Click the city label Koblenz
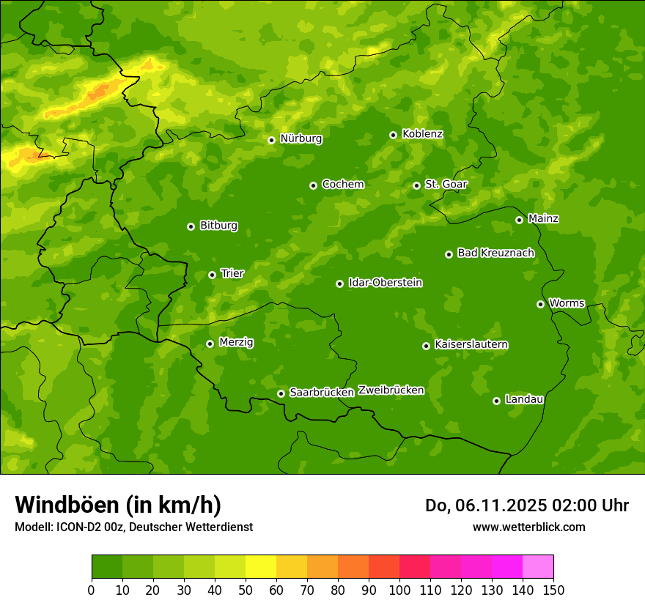(x=422, y=134)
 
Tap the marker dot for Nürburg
(x=271, y=140)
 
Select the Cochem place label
(x=342, y=185)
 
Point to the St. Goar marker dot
(x=416, y=185)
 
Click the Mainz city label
(x=543, y=219)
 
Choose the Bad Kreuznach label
(x=495, y=253)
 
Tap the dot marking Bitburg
(x=191, y=226)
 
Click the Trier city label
(x=232, y=274)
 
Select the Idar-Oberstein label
(x=385, y=283)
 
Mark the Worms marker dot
(x=540, y=304)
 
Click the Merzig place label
(x=236, y=343)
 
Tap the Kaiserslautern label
(x=471, y=345)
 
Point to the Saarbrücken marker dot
(x=281, y=393)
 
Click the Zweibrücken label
(x=391, y=390)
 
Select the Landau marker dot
(x=496, y=401)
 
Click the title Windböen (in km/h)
(x=118, y=505)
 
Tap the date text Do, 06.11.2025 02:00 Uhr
(x=526, y=505)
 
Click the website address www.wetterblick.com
(x=528, y=527)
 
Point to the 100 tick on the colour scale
(x=399, y=590)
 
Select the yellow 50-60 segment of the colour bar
(x=261, y=566)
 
